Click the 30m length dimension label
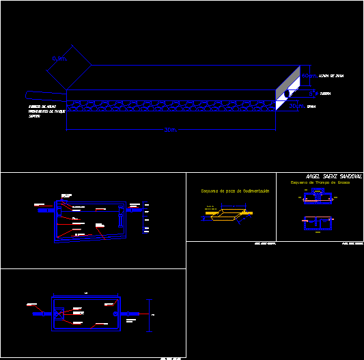coord(171,130)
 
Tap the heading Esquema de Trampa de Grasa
coord(320,183)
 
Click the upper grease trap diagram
coord(318,198)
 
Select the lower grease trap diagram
coord(318,223)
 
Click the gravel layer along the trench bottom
coord(171,107)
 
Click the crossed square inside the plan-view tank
coord(60,314)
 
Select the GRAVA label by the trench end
coord(311,107)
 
